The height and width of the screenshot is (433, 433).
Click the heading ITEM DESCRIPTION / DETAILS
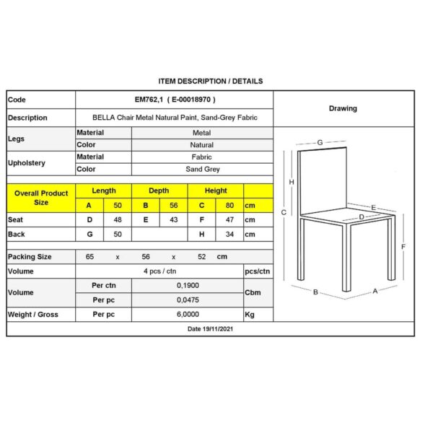[x=210, y=82]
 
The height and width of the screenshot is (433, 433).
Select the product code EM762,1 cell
[x=175, y=100]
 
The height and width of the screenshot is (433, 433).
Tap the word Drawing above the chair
[x=343, y=109]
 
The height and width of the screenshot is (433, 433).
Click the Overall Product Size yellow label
[x=41, y=198]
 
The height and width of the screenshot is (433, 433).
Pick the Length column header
[x=104, y=191]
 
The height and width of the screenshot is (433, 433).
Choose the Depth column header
[x=159, y=191]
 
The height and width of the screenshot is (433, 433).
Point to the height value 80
[x=229, y=206]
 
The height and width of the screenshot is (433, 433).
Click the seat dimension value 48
[x=118, y=219]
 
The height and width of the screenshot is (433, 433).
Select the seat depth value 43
[x=173, y=219]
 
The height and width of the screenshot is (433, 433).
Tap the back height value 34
[x=229, y=235]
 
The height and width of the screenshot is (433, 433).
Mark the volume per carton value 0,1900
[x=186, y=286]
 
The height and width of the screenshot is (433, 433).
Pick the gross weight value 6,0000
[x=186, y=315]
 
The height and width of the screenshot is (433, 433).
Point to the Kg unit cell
[x=250, y=315]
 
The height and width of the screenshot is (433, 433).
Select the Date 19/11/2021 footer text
[x=210, y=329]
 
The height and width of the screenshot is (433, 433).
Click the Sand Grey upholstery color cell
[x=202, y=169]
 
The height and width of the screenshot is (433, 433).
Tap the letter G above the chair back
[x=320, y=142]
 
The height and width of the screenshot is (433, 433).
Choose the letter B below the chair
[x=315, y=292]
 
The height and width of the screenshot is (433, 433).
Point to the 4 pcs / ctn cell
[x=159, y=271]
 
